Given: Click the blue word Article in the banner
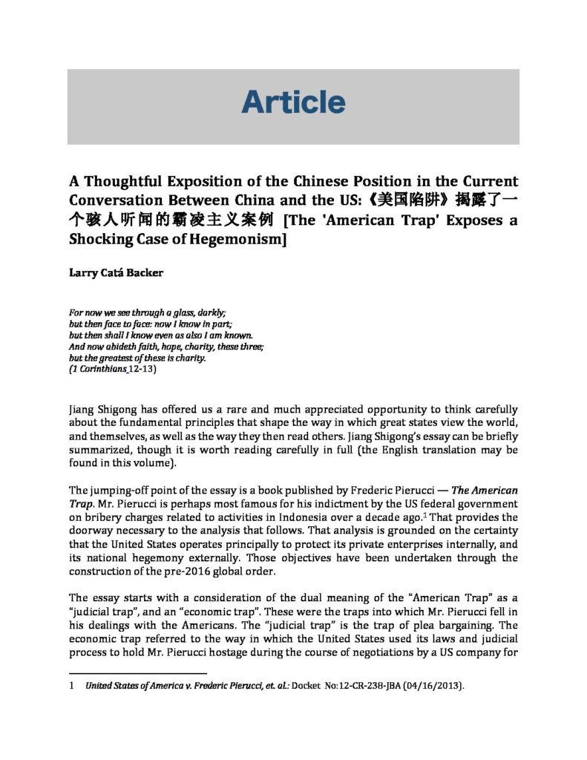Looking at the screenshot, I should tap(293, 102).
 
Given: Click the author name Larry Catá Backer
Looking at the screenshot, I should tap(116, 272).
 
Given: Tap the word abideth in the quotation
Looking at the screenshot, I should tap(124, 347).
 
